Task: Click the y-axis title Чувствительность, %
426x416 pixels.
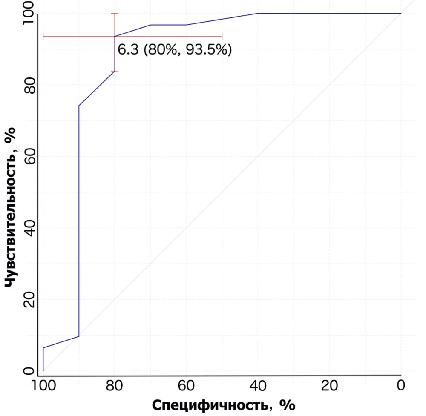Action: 11,208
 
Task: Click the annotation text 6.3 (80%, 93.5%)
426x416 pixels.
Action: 175,50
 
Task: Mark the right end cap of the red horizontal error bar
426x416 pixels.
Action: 222,37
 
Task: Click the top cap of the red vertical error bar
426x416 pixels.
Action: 115,14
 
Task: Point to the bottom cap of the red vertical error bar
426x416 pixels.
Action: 115,71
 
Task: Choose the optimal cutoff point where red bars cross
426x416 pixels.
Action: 115,37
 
